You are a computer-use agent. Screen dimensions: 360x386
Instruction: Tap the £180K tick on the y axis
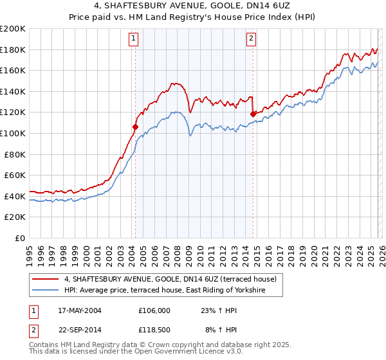point(14,50)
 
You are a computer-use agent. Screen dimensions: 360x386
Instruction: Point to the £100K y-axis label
point(14,133)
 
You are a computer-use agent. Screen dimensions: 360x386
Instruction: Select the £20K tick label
point(15,217)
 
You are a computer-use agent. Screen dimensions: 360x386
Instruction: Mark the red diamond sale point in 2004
point(135,127)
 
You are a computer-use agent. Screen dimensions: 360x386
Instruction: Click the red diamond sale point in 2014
point(253,114)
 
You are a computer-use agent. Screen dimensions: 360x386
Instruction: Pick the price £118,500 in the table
point(154,330)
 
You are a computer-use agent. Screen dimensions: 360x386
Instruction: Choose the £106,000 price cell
point(154,310)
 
